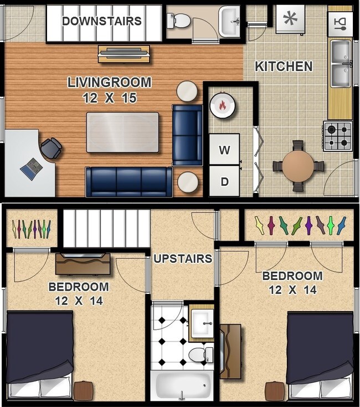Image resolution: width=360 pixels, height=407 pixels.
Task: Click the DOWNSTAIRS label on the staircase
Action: point(102,22)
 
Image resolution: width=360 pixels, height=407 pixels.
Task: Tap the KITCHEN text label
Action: point(284,67)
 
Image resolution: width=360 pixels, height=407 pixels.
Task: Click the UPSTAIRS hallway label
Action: point(183,258)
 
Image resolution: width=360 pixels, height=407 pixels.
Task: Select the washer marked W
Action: point(224,149)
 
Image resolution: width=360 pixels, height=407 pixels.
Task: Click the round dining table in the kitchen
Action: point(298,165)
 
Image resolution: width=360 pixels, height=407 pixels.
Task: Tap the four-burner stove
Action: point(337,136)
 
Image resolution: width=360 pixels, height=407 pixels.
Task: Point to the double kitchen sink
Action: point(341,63)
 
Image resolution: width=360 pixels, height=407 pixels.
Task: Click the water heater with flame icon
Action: point(223,104)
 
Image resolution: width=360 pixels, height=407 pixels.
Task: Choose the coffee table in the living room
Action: point(122,132)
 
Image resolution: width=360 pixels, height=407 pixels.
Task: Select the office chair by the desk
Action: point(51,148)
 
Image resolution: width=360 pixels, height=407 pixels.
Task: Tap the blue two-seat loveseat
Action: point(187,135)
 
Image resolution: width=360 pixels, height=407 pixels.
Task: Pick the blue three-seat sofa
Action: point(128,181)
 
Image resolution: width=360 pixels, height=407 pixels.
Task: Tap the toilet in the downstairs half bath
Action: point(179,21)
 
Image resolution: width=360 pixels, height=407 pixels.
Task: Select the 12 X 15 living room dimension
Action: point(109,98)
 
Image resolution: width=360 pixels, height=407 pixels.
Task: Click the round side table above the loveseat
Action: point(187,91)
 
